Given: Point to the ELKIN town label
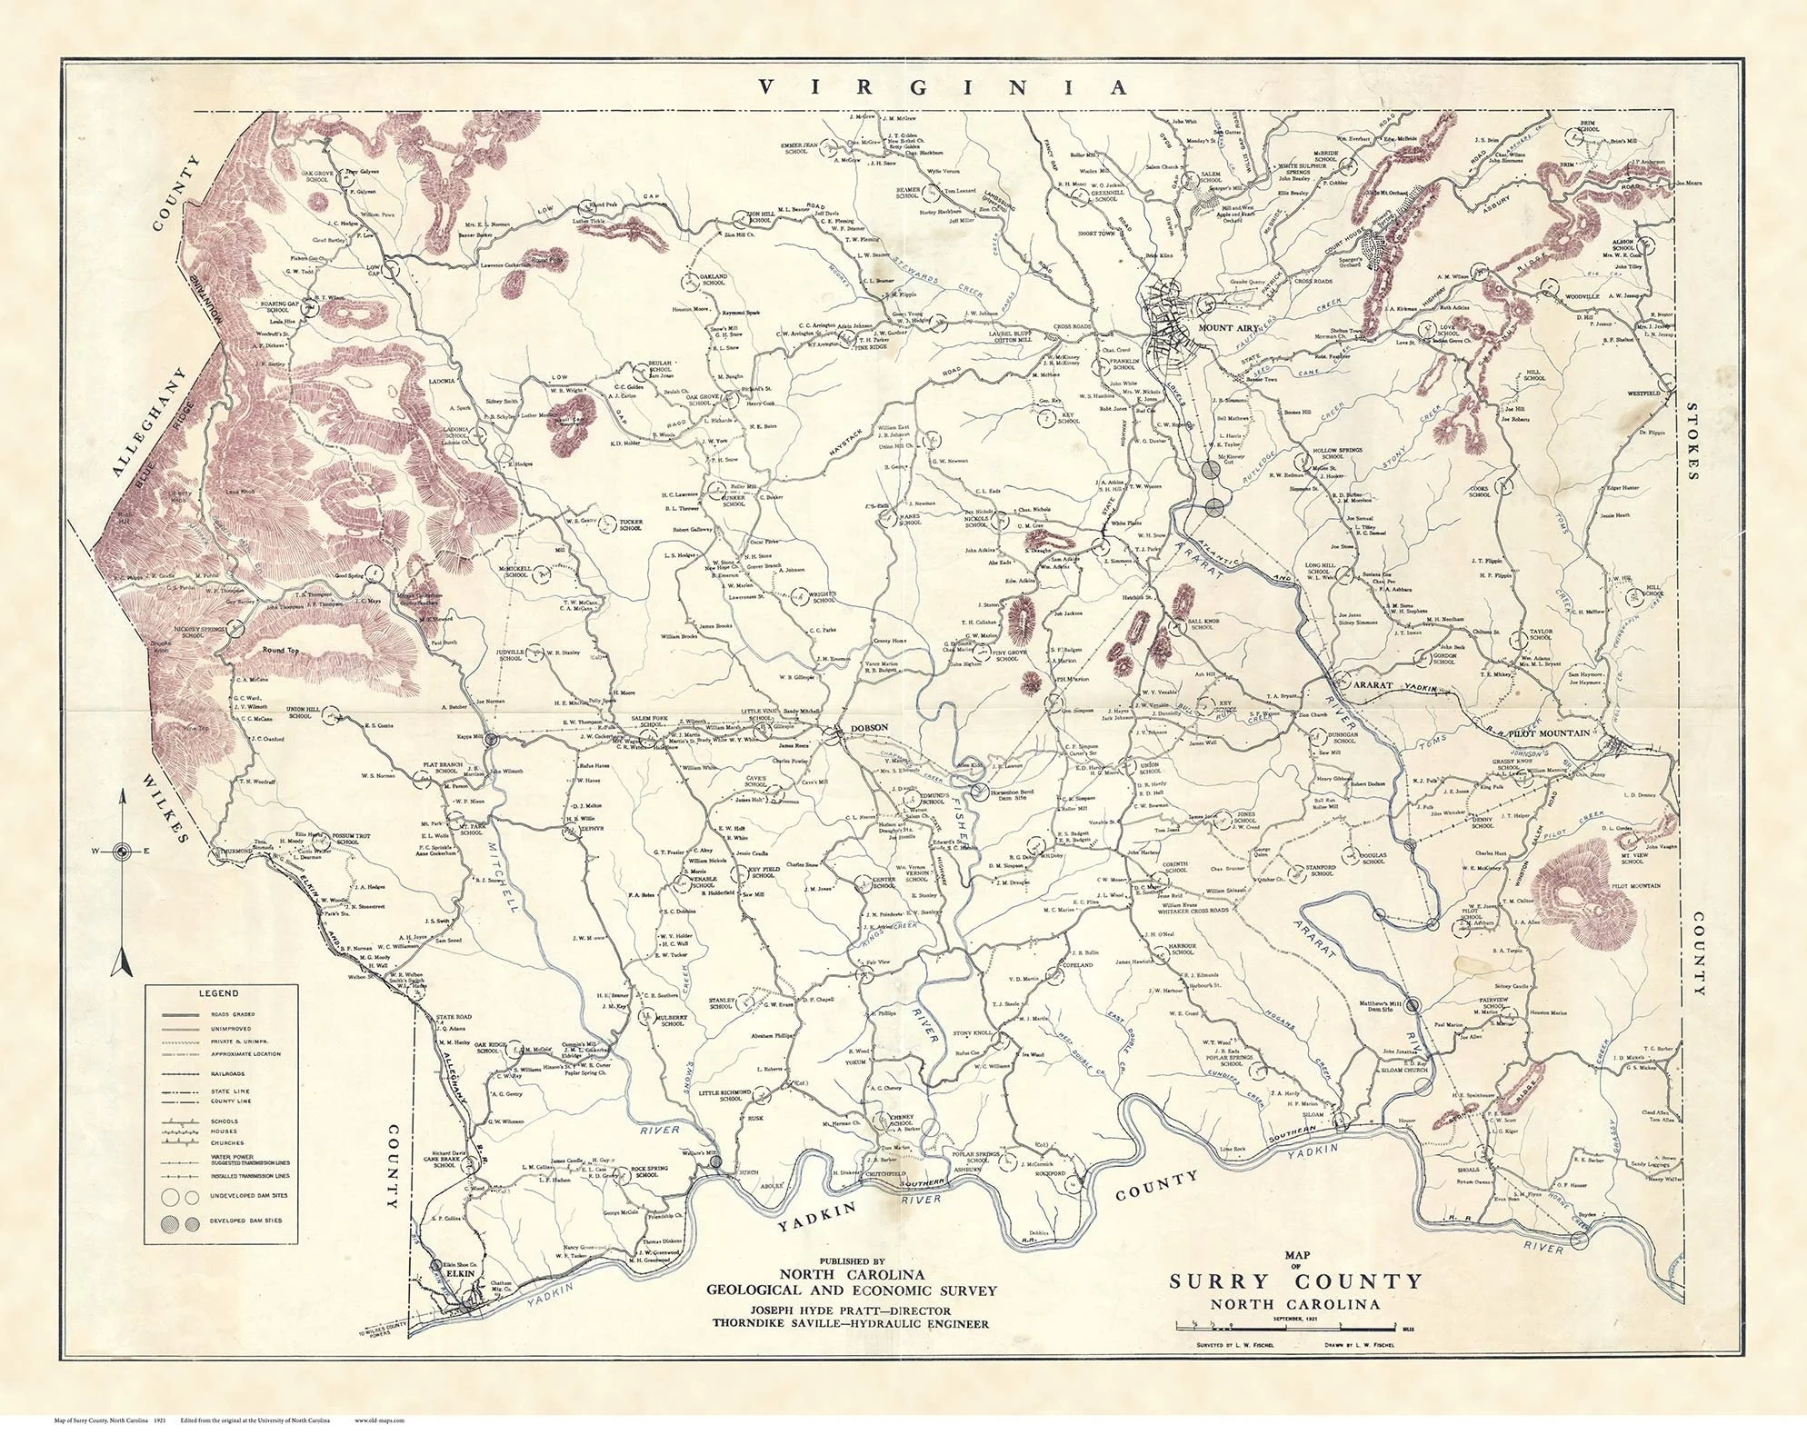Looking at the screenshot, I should click(461, 1273).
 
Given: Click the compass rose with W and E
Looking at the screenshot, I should click(121, 851).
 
